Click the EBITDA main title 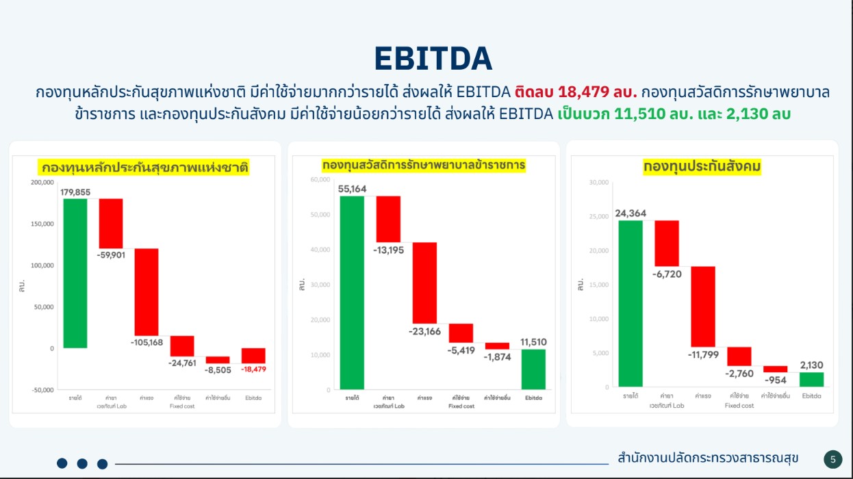[x=433, y=59]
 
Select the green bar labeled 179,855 [x=75, y=273]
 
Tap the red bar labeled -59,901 [x=111, y=223]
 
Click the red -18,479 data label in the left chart [x=253, y=369]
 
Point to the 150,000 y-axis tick [x=42, y=224]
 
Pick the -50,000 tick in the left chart [x=42, y=390]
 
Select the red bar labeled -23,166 [x=424, y=283]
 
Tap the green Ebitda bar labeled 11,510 [x=533, y=369]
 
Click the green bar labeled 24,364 [x=630, y=303]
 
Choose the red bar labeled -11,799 [x=703, y=306]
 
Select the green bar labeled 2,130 [x=811, y=379]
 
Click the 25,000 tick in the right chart [x=599, y=217]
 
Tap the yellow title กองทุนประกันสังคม [x=702, y=166]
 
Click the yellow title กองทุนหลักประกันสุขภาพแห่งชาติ [x=144, y=167]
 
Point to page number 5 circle [x=832, y=459]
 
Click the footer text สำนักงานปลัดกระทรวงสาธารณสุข [x=707, y=458]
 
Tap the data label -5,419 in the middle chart [x=461, y=350]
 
